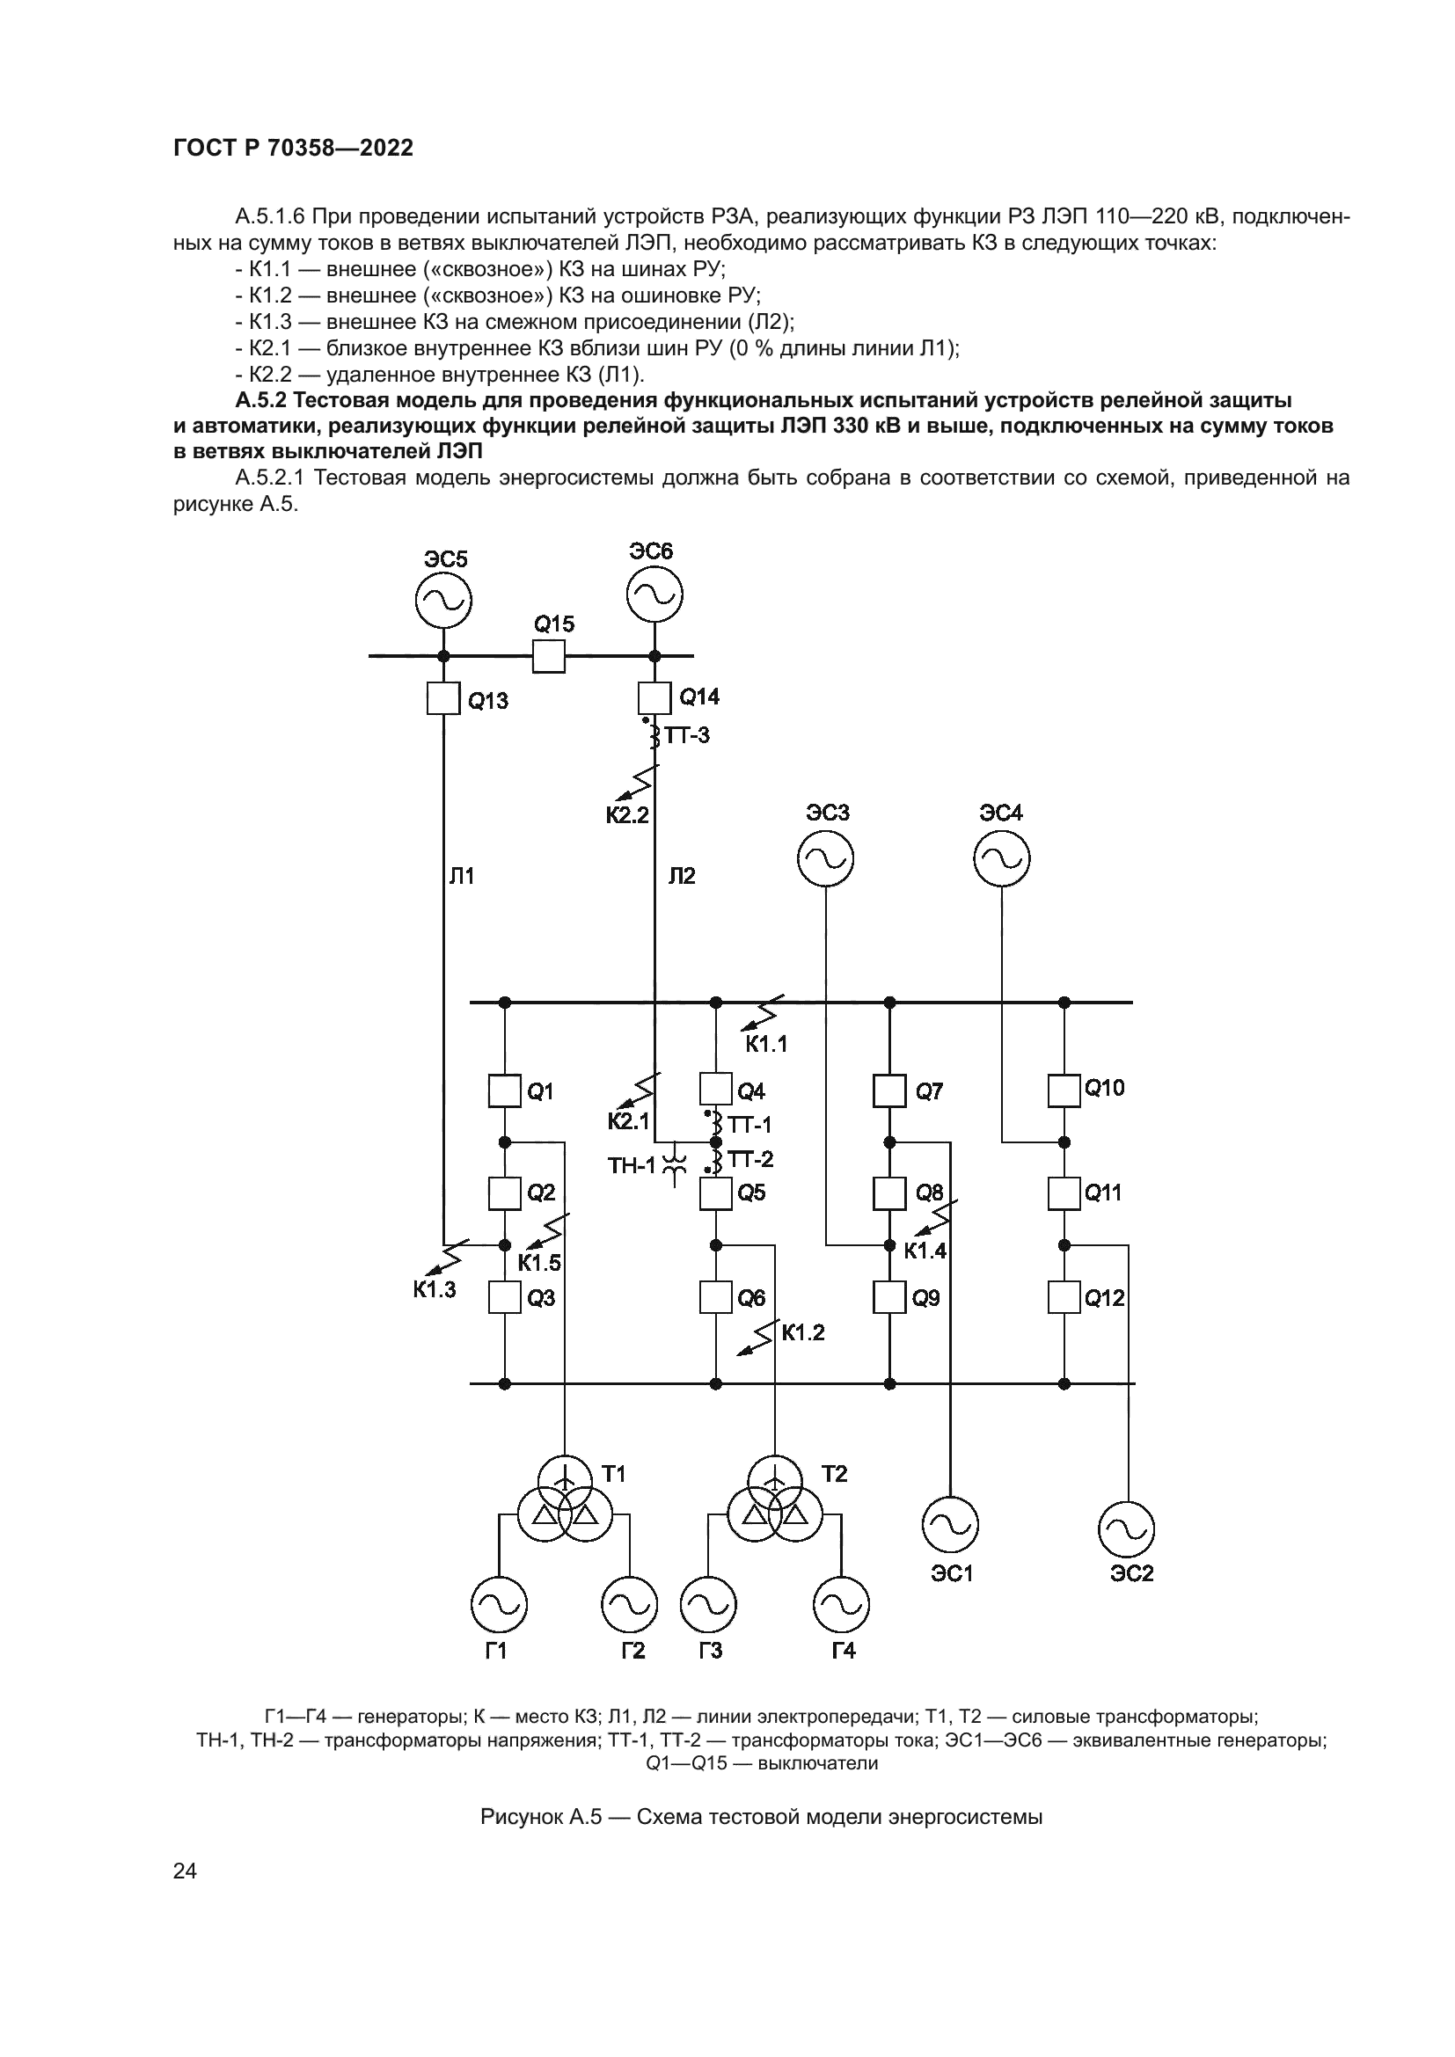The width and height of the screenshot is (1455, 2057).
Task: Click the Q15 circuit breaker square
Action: [x=548, y=656]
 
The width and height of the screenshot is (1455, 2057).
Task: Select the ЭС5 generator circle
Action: [x=443, y=602]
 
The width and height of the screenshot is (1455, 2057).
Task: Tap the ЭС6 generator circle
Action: [x=654, y=594]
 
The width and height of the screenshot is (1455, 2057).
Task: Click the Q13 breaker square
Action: [x=443, y=698]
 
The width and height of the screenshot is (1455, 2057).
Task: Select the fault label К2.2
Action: [x=627, y=814]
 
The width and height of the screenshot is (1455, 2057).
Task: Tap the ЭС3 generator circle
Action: [x=825, y=859]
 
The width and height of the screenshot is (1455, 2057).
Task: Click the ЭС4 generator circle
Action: [x=1002, y=859]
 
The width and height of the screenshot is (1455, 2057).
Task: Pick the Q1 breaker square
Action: [x=504, y=1091]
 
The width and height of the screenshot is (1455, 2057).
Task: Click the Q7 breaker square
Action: [x=889, y=1091]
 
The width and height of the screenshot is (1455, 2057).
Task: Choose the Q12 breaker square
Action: [x=1064, y=1296]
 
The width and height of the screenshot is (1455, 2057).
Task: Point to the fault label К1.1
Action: [x=766, y=1043]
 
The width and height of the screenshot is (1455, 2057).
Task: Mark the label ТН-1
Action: [x=632, y=1165]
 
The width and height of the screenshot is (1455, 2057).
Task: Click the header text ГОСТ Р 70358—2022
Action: [x=293, y=149]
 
